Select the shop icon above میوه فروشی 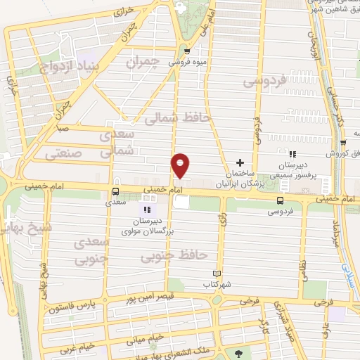[x=186, y=51]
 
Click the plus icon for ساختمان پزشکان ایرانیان [x=240, y=163]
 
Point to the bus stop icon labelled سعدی [x=115, y=191]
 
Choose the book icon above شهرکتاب [x=217, y=274]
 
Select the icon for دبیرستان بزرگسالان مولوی [x=146, y=210]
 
